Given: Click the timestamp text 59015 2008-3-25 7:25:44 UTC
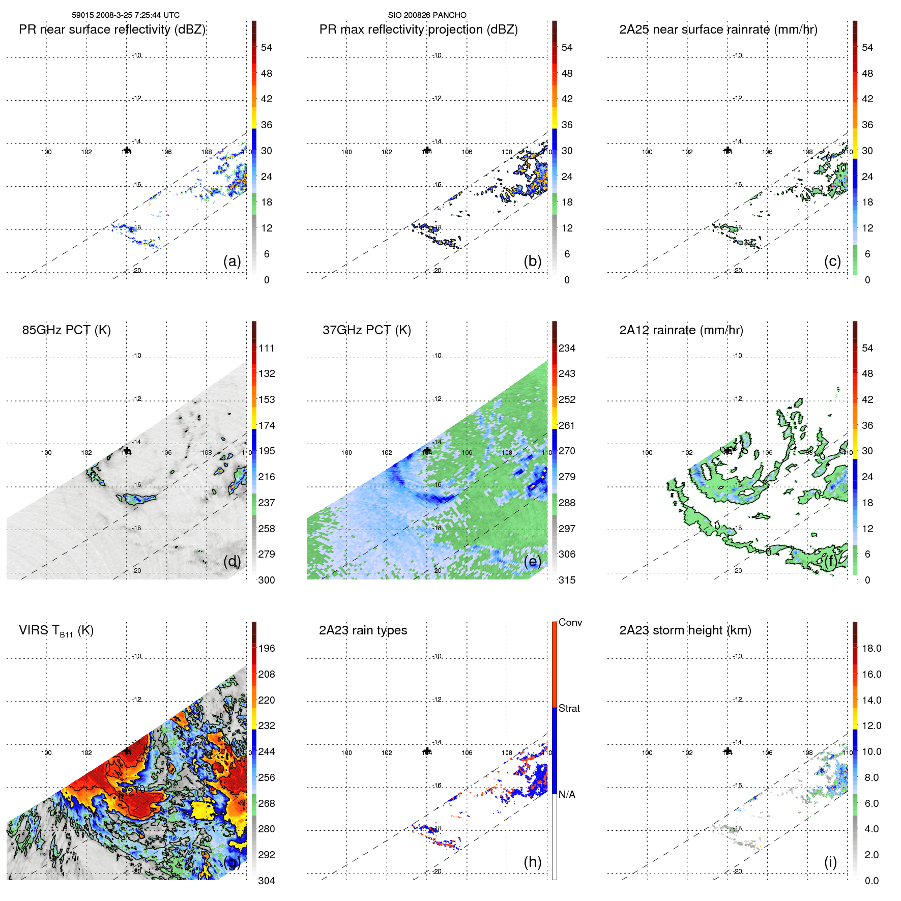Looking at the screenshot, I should pos(125,15).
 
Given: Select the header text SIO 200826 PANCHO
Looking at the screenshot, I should pos(427,15).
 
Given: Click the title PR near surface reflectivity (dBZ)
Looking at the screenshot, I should pos(112,30).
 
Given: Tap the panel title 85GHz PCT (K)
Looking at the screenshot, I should pos(66,330).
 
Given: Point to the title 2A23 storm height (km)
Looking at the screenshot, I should pos(685,630).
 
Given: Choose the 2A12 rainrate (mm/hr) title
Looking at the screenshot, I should pos(681,330).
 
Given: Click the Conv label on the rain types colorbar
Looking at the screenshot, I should pos(570,622).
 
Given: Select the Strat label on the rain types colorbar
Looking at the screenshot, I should pos(569,708).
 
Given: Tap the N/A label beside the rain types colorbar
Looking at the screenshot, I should pos(567,795).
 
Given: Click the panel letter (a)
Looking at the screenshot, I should pos(232,261).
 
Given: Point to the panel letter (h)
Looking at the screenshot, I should pos(532,862).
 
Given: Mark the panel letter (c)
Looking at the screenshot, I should pos(832,261).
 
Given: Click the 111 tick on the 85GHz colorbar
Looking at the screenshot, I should pos(267,348).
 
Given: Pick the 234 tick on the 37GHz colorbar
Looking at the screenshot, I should pos(567,348).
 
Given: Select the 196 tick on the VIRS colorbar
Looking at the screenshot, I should pos(267,648).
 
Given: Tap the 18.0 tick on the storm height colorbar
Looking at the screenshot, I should pos(871,648).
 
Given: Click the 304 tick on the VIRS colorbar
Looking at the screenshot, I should pos(267,881).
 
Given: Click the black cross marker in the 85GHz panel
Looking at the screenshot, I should pos(127,450).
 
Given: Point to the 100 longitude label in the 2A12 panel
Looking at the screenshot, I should pos(647,452).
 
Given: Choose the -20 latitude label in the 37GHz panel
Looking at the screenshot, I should pos(437,571).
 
